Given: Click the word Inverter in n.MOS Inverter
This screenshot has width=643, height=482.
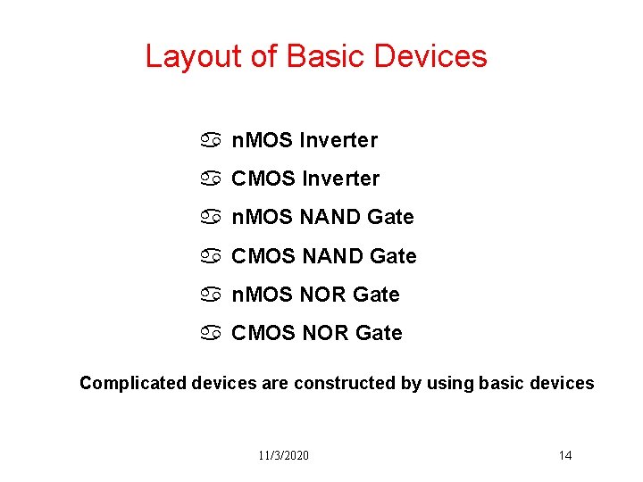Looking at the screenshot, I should pos(338,140).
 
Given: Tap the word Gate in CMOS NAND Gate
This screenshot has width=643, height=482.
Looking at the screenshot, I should pos(393,256).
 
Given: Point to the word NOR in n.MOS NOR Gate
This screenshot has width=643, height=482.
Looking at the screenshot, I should pos(323,295).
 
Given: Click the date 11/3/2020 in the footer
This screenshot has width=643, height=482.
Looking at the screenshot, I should pos(284,455).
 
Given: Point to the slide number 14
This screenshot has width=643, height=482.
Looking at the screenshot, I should pos(565,455).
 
